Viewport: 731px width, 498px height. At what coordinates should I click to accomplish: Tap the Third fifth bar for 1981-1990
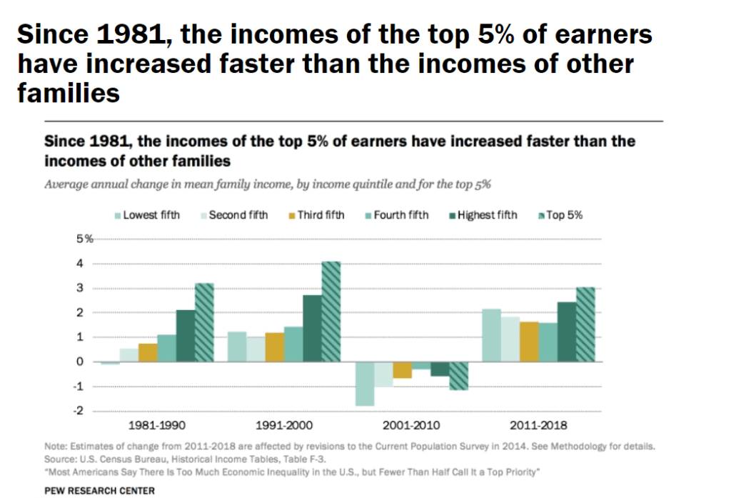click(148, 352)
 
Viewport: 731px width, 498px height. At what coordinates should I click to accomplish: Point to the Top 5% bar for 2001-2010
click(458, 376)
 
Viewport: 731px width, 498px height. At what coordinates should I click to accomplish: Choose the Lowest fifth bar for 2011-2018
click(491, 335)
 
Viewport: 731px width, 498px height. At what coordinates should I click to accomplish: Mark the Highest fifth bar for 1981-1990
click(186, 336)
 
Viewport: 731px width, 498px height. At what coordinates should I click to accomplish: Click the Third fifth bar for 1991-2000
click(274, 347)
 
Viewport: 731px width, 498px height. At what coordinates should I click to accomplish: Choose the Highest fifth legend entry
click(485, 215)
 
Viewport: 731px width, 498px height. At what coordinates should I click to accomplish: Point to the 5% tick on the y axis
click(85, 239)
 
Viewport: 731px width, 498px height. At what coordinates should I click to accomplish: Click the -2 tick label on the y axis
click(79, 411)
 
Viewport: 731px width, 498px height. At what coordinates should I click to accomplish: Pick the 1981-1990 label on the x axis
click(156, 425)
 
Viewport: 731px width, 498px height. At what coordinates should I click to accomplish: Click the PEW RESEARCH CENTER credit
click(99, 491)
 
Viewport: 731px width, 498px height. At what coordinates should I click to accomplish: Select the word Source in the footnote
click(59, 459)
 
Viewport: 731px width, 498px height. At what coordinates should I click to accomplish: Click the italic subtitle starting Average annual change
click(268, 184)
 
